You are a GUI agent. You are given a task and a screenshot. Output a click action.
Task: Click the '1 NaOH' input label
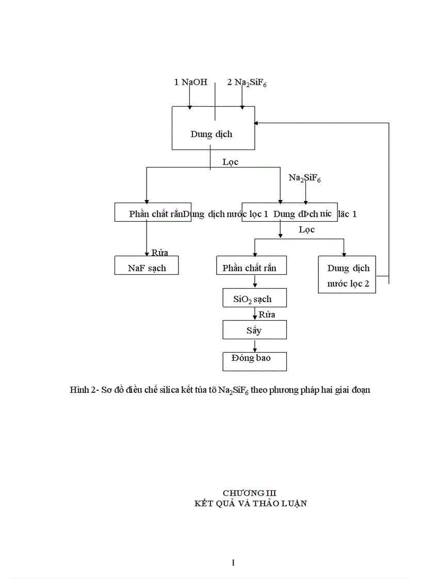(x=190, y=82)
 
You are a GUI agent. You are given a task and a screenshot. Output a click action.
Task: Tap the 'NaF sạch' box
(x=147, y=268)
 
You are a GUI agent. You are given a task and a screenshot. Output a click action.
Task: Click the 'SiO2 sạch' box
(x=254, y=299)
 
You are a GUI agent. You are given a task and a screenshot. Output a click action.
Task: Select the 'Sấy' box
(x=254, y=330)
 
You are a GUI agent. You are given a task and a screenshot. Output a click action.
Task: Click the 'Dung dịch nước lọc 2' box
(x=348, y=275)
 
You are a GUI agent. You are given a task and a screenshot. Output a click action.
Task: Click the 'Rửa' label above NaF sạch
(x=159, y=253)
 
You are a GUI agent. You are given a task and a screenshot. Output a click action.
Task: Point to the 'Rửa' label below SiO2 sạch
(x=267, y=314)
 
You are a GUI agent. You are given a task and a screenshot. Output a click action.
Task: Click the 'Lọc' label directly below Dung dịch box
(x=230, y=162)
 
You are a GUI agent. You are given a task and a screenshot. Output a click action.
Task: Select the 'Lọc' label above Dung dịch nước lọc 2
(x=306, y=229)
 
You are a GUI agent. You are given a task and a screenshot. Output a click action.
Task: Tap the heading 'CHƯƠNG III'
(x=250, y=493)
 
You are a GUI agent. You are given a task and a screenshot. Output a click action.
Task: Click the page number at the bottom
(x=234, y=563)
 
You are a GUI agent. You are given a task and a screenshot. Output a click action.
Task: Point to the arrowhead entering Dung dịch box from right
(x=257, y=123)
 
